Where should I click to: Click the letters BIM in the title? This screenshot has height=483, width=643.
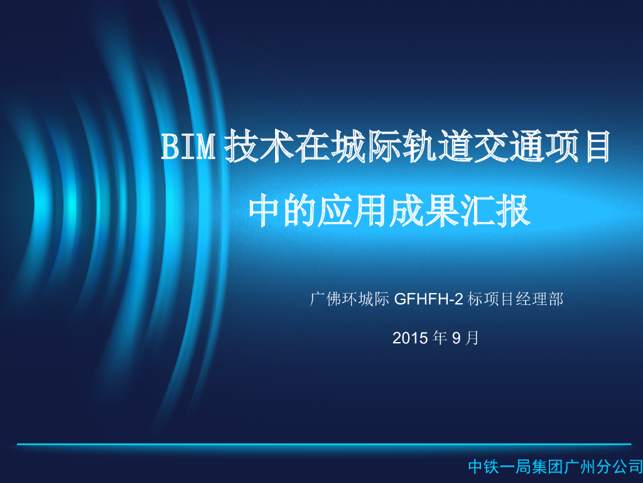tap(190, 147)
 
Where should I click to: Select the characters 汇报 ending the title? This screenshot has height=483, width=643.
tap(499, 211)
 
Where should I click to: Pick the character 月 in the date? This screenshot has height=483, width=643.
tap(473, 338)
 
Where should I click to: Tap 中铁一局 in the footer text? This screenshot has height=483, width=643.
tap(500, 467)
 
